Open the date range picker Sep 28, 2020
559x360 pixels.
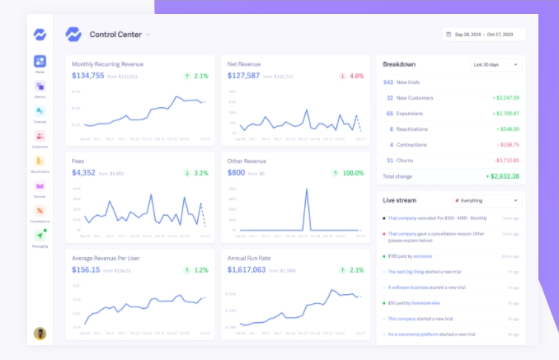click(482, 35)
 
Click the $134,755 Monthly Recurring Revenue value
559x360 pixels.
click(88, 76)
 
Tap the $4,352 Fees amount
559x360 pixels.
click(84, 173)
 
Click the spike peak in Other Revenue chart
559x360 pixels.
click(308, 189)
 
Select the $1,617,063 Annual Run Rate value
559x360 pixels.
click(247, 269)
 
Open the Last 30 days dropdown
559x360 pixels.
click(495, 64)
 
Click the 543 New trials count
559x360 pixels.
click(388, 82)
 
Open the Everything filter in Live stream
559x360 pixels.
click(486, 200)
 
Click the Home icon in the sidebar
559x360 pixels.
click(40, 62)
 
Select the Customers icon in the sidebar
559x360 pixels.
click(40, 136)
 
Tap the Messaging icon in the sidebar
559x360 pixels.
click(40, 236)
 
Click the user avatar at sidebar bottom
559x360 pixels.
click(40, 334)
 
